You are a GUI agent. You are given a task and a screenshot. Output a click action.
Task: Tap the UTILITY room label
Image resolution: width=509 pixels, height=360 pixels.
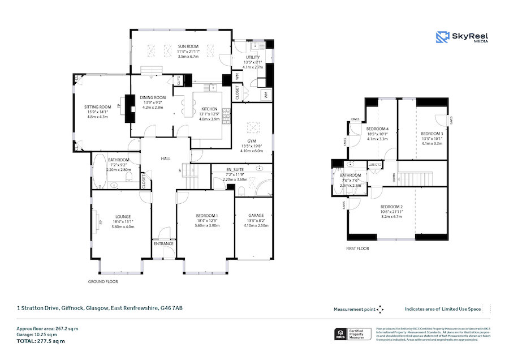pos(252,57)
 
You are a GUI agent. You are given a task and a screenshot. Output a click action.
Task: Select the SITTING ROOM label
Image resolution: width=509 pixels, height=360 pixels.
pos(97,106)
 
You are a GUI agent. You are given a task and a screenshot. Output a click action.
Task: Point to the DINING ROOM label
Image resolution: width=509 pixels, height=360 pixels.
pos(153,97)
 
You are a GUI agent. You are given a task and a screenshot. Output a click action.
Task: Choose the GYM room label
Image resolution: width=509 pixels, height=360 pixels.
pos(252,140)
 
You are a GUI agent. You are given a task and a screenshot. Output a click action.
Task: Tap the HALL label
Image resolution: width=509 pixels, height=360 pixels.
pos(166,158)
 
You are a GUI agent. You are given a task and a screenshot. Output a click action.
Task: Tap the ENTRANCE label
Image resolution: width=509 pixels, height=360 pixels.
pos(163,244)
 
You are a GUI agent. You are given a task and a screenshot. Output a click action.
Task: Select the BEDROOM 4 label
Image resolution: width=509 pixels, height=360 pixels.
pos(377,129)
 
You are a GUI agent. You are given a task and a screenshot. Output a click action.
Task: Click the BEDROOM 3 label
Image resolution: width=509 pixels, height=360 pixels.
pos(432,134)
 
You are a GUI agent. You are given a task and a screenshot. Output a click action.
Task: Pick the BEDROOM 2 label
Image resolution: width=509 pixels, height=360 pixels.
pos(391,207)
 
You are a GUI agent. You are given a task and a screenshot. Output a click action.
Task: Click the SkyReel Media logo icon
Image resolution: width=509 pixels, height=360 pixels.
pos(442,37)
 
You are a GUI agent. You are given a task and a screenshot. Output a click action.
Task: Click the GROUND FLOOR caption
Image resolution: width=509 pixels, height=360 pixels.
pos(102,281)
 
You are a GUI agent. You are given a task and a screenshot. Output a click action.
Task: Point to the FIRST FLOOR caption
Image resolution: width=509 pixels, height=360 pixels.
pos(357,248)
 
